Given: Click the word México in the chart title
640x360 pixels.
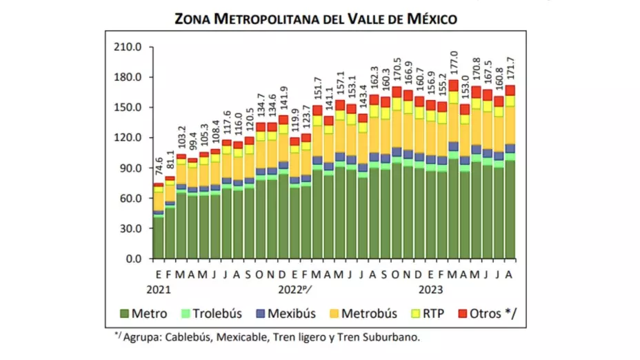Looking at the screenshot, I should (x=428, y=19).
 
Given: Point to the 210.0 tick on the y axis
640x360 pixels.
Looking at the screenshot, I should (x=128, y=47).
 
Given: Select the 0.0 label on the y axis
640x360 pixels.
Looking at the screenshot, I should (x=134, y=259).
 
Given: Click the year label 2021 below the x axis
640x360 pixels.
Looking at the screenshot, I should (x=158, y=288).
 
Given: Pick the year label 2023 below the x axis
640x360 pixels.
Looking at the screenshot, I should (x=430, y=288).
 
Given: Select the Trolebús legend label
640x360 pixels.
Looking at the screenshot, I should (x=217, y=314).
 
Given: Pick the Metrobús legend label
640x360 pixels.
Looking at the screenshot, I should (x=370, y=314).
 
